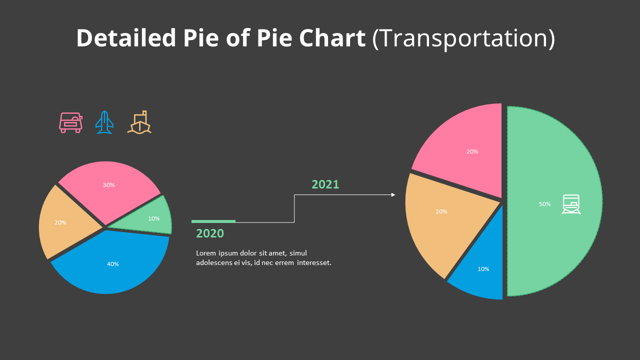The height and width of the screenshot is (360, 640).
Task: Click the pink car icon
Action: (70, 122)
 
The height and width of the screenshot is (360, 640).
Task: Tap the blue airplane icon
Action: (104, 122)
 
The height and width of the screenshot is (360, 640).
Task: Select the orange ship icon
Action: (139, 122)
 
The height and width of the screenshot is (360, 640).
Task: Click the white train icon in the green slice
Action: (571, 204)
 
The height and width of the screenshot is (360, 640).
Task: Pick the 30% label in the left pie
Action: (109, 185)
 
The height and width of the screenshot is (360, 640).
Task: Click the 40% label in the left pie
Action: (113, 264)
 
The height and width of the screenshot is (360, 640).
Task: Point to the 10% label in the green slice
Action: (154, 218)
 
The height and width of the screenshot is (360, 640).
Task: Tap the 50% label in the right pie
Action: (545, 204)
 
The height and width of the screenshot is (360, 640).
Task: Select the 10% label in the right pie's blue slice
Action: (483, 269)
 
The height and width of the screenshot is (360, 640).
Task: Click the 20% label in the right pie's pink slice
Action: (472, 151)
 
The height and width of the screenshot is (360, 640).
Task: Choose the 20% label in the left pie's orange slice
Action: (60, 222)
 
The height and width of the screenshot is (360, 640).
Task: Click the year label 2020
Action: (210, 233)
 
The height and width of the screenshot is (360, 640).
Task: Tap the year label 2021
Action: (325, 184)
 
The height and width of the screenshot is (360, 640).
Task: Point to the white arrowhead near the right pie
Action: (393, 194)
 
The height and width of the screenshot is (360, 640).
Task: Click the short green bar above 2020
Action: (213, 221)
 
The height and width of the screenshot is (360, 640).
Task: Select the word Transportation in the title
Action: (463, 38)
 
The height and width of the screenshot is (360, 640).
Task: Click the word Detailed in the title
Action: (126, 38)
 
